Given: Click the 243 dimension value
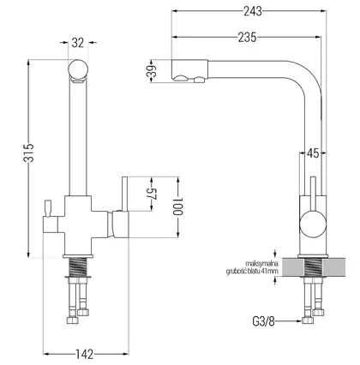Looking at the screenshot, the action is click(253, 11).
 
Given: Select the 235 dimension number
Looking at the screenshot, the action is click(248, 38).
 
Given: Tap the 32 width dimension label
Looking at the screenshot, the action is click(78, 43).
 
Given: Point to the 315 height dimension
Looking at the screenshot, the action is click(29, 153).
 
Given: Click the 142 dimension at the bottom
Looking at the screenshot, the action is click(85, 354).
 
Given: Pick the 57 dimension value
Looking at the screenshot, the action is click(154, 194).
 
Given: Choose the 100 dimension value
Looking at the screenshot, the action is click(177, 206).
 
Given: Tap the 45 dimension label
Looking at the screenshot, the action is click(313, 153).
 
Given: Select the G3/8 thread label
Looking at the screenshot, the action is click(263, 321).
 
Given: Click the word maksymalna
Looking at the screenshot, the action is click(261, 262).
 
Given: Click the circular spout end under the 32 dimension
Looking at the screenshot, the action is click(78, 69).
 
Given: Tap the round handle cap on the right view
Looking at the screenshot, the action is click(313, 224).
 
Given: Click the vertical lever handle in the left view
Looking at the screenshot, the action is click(125, 194).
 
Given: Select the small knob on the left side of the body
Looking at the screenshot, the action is click(47, 208).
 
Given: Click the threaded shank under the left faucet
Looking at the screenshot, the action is click(78, 266).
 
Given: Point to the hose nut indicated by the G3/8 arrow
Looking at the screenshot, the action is click(308, 321).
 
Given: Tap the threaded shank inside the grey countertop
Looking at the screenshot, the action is click(313, 266).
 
